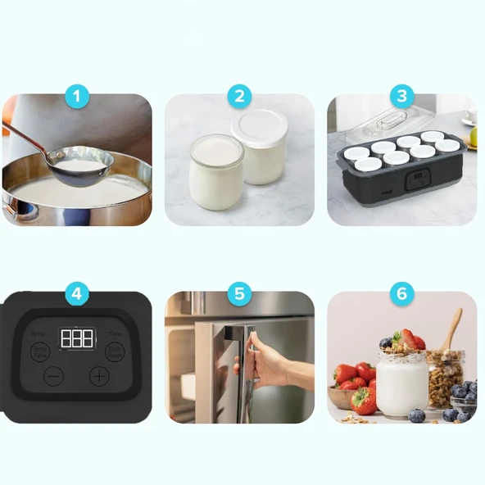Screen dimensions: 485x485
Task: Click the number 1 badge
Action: (77, 97)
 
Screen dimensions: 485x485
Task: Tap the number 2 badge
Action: (238, 97)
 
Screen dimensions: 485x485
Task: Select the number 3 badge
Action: (401, 97)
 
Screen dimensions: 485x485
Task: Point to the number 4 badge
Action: (77, 294)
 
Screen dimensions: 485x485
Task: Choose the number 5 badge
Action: (238, 294)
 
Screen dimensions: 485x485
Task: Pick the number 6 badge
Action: (401, 294)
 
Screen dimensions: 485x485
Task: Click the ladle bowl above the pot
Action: (79, 161)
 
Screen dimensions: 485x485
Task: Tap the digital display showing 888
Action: (76, 338)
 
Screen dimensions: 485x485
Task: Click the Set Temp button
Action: (40, 351)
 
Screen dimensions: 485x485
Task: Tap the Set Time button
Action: (115, 351)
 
